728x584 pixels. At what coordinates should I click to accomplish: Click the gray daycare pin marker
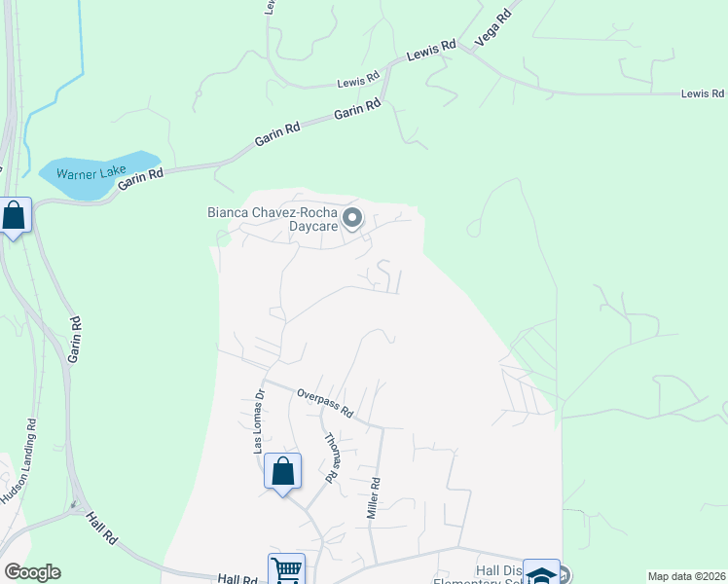coord(352,218)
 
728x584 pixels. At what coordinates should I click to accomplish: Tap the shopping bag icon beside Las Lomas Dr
coord(282,472)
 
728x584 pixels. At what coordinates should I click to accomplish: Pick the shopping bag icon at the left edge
coord(15,215)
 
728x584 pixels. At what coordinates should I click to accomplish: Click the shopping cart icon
coord(286,569)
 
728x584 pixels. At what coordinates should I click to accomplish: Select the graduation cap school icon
coord(541,574)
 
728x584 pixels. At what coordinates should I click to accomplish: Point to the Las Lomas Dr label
coord(259,421)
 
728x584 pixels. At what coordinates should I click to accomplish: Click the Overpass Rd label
coord(324,404)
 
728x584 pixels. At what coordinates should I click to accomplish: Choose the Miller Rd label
coord(373,497)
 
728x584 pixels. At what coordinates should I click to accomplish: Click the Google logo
coord(32,572)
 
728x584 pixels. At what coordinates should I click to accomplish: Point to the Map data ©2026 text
coord(685,576)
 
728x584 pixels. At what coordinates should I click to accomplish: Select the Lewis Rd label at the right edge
coord(703,93)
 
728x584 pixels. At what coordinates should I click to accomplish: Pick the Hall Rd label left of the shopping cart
coord(237,578)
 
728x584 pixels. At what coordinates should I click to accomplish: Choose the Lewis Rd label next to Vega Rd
coord(431,50)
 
